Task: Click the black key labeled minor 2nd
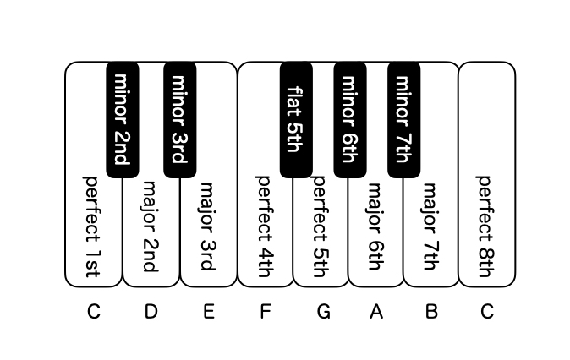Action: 122,120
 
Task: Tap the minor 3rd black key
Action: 180,120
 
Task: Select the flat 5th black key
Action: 296,120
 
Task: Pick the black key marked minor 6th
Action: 350,120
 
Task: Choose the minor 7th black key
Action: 404,120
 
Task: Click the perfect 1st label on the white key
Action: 92,227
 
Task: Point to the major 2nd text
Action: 150,227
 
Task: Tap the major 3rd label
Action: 207,226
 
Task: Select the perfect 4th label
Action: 264,227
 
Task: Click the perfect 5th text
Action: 321,227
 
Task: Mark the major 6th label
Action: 375,226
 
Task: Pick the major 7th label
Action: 430,226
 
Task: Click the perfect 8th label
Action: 485,227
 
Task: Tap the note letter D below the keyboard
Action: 151,312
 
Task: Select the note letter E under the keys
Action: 208,312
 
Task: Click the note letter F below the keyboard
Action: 266,312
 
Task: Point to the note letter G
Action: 324,312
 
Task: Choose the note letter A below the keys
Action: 376,312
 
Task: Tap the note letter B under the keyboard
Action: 431,312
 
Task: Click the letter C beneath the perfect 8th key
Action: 487,312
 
